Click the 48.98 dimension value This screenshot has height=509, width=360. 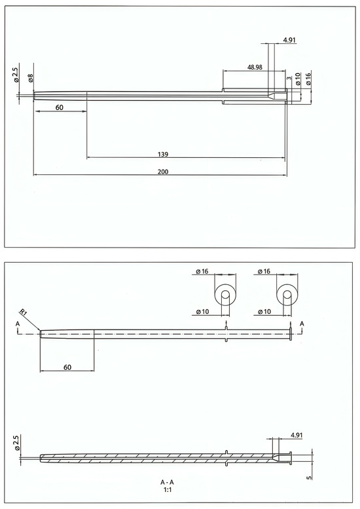pyautogui.click(x=255, y=67)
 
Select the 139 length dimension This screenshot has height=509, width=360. pyautogui.click(x=163, y=154)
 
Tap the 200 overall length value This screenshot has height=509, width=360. pyautogui.click(x=163, y=172)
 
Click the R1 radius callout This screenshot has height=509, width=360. pyautogui.click(x=23, y=312)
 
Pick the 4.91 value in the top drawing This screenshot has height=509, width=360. pyautogui.click(x=289, y=40)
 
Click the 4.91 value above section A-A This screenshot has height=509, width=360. pyautogui.click(x=297, y=435)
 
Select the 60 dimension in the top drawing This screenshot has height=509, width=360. pyautogui.click(x=60, y=107)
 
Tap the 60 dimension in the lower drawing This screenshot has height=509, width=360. pyautogui.click(x=67, y=367)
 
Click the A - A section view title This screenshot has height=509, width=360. pyautogui.click(x=168, y=482)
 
